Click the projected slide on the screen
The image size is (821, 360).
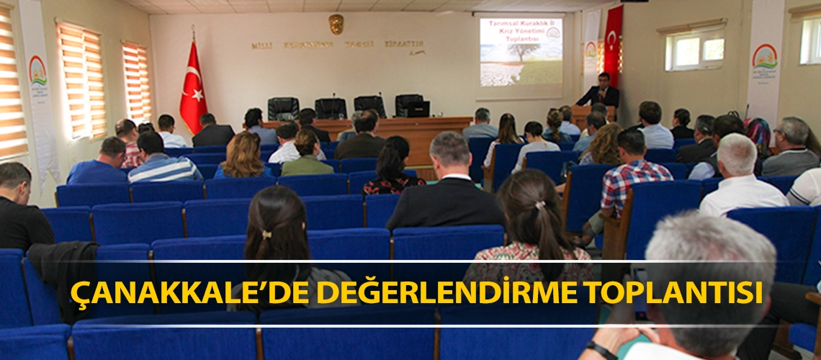521,52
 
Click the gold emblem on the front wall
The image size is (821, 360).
336,24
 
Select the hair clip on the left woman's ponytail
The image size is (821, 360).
266,234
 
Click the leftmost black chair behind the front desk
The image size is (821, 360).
283,109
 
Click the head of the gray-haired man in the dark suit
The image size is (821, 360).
449,149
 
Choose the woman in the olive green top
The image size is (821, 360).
307,156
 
